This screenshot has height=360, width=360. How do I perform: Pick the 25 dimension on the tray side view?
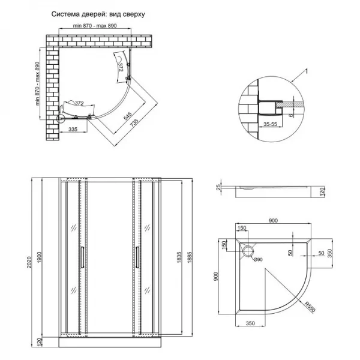click(220, 191)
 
